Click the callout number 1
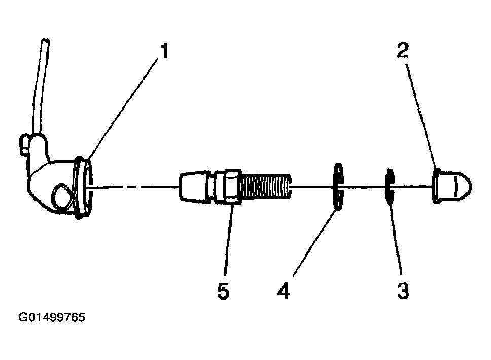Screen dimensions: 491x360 [x=164, y=51]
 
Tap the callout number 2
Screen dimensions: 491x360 [x=403, y=50]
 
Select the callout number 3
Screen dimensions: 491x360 [x=403, y=291]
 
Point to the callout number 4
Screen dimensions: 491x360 [x=284, y=291]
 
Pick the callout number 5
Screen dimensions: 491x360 [x=223, y=291]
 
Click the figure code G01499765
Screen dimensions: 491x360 [x=52, y=317]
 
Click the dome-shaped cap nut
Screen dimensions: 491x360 [x=452, y=187]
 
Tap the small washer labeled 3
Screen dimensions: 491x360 [x=389, y=187]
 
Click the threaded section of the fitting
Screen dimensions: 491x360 [x=266, y=187]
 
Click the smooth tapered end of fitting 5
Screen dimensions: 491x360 [x=193, y=187]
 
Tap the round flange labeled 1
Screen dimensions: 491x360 [x=83, y=187]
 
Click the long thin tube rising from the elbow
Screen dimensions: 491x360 [x=42, y=87]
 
